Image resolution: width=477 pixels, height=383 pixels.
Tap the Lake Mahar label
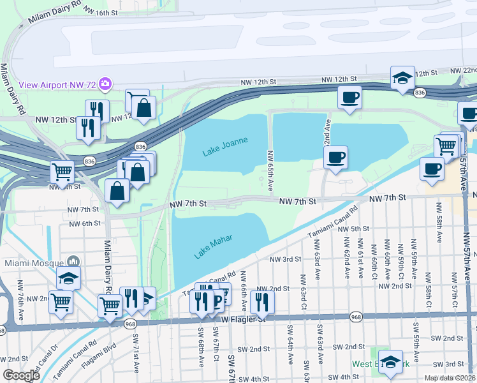point(212,247)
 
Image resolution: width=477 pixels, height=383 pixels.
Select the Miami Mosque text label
point(31,263)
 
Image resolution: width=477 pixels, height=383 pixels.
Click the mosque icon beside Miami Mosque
point(73,262)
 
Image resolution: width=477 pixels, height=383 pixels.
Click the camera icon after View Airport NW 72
point(105,84)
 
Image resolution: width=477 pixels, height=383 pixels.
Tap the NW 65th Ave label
point(270,171)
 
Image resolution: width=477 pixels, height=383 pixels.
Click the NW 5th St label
point(354,229)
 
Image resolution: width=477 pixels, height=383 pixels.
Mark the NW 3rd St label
point(284,259)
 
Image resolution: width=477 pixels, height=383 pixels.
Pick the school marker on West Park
point(390,360)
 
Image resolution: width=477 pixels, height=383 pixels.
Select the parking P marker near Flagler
point(217,299)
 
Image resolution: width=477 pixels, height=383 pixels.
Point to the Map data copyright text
point(450,376)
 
